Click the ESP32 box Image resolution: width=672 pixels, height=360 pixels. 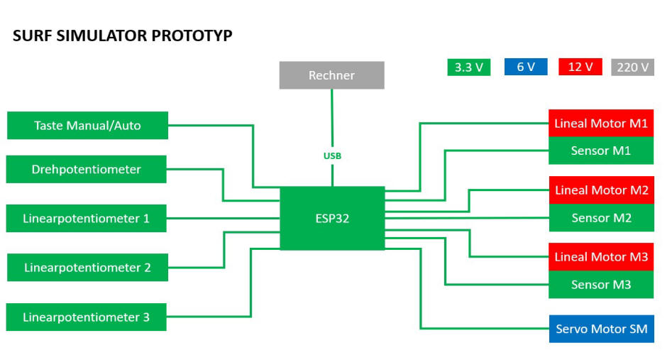tap(332, 218)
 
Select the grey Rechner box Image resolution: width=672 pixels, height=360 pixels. tap(331, 75)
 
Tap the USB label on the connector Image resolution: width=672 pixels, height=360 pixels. tap(332, 156)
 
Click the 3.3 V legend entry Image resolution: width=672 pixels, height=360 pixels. tap(469, 67)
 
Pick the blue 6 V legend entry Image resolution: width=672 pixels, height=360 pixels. tap(526, 67)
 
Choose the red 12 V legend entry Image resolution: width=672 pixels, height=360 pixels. tap(580, 67)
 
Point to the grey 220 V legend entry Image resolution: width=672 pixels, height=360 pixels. tap(632, 67)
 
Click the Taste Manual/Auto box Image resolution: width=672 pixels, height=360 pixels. tap(87, 125)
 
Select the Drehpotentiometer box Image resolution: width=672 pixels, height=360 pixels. tap(86, 169)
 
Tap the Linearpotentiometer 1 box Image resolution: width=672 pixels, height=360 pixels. tap(86, 219)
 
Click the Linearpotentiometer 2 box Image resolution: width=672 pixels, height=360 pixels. tap(87, 267)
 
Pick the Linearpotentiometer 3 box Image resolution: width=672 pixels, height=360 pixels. tap(86, 317)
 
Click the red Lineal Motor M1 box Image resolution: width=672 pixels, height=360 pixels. tap(601, 123)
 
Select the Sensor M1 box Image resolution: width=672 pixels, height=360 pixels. tap(601, 151)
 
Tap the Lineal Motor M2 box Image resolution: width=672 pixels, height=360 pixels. tap(602, 190)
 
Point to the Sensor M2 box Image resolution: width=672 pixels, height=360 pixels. tap(602, 217)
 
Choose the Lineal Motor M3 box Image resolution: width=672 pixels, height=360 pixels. tap(601, 257)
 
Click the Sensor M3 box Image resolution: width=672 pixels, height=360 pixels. tap(601, 285)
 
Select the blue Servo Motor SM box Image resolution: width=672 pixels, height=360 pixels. tap(602, 329)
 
